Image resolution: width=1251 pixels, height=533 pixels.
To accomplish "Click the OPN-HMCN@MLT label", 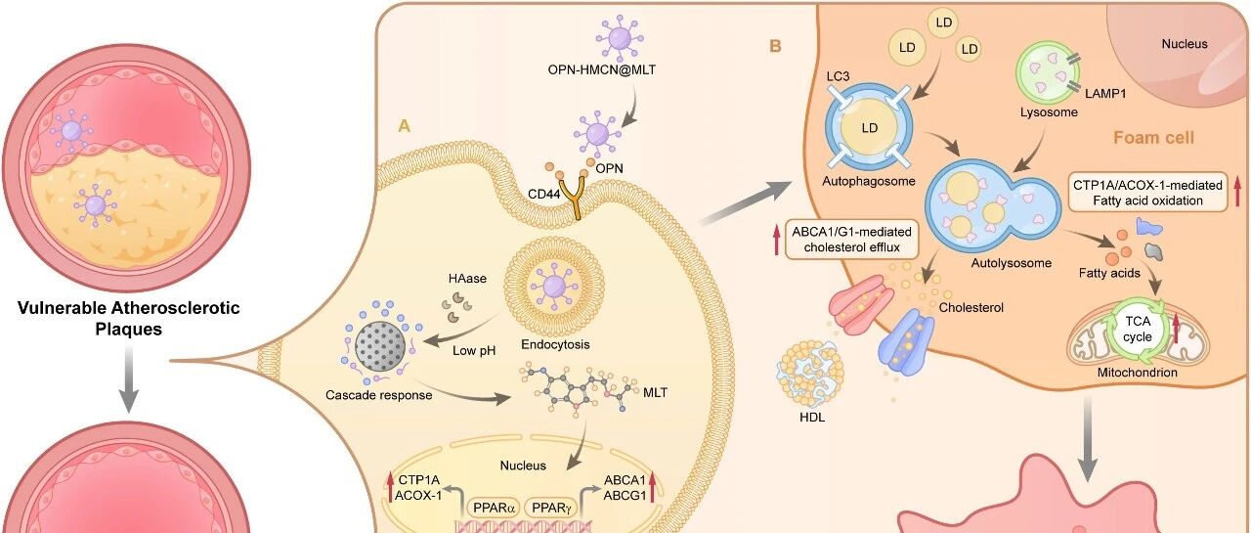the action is [x=601, y=69].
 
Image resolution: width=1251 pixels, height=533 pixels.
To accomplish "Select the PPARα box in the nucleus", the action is [x=494, y=508].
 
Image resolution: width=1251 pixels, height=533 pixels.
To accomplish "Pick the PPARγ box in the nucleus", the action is [x=551, y=508].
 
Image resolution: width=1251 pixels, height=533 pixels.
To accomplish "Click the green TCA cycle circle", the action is [x=1138, y=329].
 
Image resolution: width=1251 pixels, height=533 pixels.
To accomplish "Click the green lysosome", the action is [x=1046, y=73].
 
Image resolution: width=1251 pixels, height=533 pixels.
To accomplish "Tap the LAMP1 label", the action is [x=1105, y=94].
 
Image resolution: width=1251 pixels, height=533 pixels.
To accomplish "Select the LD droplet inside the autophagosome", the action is [x=869, y=128].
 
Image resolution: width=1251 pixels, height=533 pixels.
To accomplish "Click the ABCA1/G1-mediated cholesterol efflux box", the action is [x=851, y=240].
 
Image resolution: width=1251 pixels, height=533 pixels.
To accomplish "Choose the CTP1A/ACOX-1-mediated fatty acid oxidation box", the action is [x=1147, y=193].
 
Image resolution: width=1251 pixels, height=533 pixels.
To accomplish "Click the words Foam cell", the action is [x=1153, y=138].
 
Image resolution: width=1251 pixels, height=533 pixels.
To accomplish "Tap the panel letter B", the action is [x=775, y=46].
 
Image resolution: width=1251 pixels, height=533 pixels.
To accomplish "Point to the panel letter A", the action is [x=404, y=126].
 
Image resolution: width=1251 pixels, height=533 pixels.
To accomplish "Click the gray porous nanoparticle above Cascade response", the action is [x=380, y=345].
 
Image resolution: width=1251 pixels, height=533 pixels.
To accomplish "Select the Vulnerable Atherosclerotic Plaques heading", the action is [x=128, y=318].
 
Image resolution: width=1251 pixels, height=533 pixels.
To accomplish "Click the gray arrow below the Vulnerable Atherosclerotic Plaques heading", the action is [x=128, y=379].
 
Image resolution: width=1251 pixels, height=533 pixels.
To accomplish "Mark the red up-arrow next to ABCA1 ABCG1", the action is [x=652, y=487].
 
